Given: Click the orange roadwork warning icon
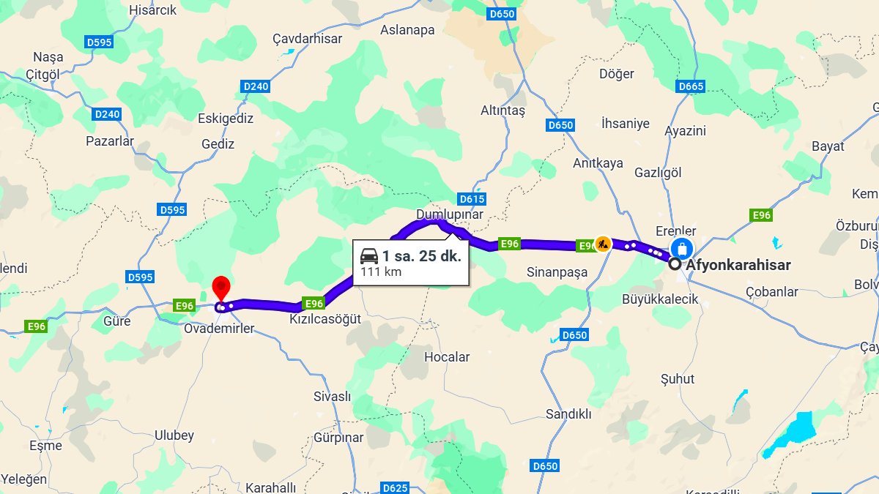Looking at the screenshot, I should coord(602,244).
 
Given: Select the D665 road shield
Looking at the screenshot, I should coord(691,87).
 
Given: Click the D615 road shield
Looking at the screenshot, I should coord(472,199).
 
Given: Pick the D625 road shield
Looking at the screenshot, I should coord(395,488).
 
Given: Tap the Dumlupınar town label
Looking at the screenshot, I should coord(450,214).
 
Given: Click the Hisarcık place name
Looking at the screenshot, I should coord(153,10).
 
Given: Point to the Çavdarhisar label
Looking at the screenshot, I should coord(308,38).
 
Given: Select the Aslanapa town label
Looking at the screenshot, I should coord(407,31).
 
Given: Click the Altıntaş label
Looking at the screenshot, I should coord(502,111).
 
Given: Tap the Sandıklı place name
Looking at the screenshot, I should coord(568,414).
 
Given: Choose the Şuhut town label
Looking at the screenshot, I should coord(678,379).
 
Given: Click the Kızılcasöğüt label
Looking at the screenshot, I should coord(325,321).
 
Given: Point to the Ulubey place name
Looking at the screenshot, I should coord(174,435).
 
